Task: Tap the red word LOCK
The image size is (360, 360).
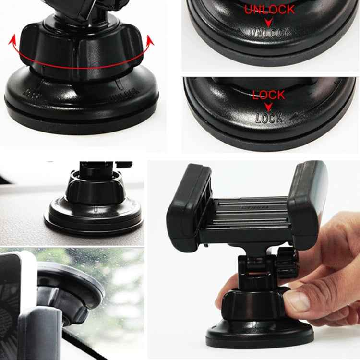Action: click(x=269, y=95)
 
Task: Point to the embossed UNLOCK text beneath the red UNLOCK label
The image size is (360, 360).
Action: click(x=269, y=33)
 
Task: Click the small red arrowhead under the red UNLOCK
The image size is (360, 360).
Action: click(x=269, y=22)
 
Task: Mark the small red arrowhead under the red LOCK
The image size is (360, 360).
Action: click(x=269, y=106)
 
